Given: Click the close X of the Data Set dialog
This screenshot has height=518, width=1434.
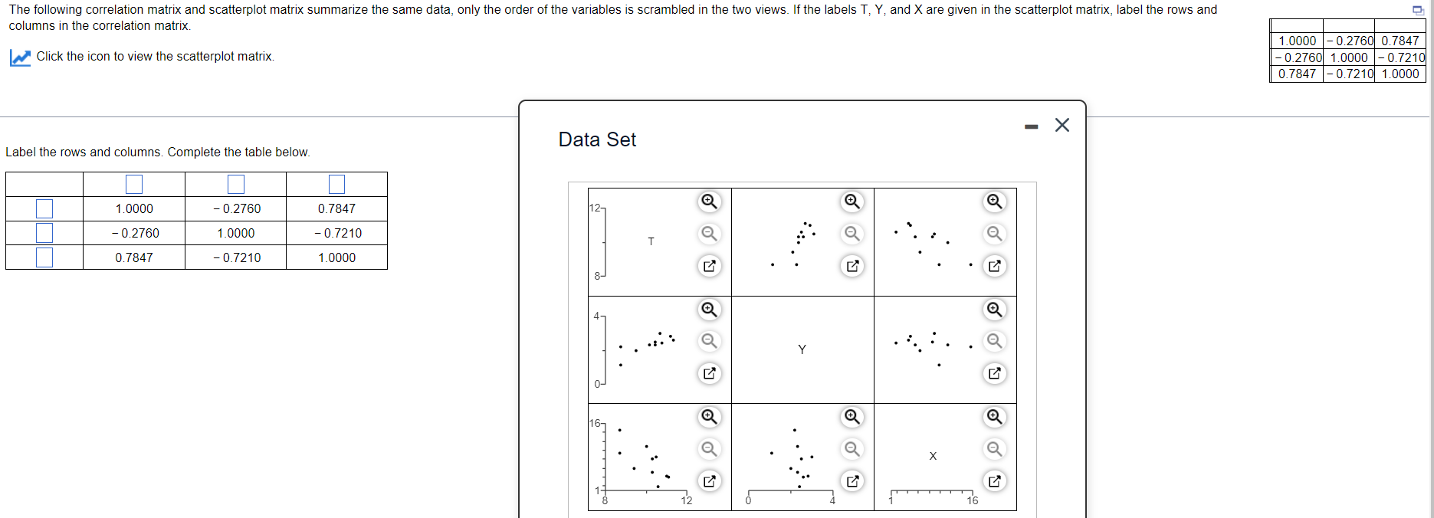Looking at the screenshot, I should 1062,125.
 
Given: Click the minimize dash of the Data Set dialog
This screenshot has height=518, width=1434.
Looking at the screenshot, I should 1031,126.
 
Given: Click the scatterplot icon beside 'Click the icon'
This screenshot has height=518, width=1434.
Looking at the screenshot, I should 21,57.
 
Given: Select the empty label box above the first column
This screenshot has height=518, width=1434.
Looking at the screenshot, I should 134,184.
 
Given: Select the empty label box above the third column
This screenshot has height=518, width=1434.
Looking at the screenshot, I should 336,184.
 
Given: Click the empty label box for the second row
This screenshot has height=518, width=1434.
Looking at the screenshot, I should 44,233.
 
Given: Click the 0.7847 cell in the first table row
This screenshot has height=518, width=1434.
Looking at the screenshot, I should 336,208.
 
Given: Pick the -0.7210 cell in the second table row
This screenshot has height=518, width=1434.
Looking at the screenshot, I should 336,233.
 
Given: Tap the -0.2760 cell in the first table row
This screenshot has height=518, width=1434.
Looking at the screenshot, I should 236,208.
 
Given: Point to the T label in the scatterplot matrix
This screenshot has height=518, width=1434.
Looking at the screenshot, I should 651,241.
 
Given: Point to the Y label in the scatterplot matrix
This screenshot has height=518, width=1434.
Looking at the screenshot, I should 802,349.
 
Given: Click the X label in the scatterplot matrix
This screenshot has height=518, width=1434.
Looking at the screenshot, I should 933,456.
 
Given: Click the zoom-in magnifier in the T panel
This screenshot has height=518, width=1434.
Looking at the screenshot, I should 710,202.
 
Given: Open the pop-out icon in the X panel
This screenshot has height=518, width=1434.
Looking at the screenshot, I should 994,481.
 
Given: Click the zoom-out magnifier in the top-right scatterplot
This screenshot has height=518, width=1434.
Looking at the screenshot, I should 994,234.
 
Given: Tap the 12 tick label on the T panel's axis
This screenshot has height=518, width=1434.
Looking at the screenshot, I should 596,208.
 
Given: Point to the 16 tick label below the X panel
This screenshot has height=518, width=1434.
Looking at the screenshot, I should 972,500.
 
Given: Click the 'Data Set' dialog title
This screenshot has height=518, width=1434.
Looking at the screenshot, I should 597,139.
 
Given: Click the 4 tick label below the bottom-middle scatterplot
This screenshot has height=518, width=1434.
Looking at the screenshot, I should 832,500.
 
